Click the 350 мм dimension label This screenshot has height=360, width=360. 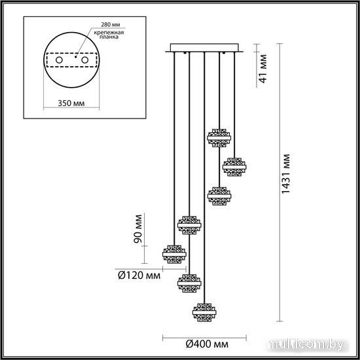coord(71,103)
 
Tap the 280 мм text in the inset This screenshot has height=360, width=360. coord(111,24)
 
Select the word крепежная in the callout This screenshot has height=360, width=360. coord(109,32)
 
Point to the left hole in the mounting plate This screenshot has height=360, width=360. coord(59,60)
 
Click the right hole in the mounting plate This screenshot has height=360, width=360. coord(84,60)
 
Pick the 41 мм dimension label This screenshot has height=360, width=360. coord(263,69)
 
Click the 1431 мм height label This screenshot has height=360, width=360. coord(286,174)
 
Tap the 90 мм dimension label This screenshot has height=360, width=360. coord(137,228)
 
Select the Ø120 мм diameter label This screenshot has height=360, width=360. coord(139,275)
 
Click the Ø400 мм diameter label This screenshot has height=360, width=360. coord(207,344)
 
